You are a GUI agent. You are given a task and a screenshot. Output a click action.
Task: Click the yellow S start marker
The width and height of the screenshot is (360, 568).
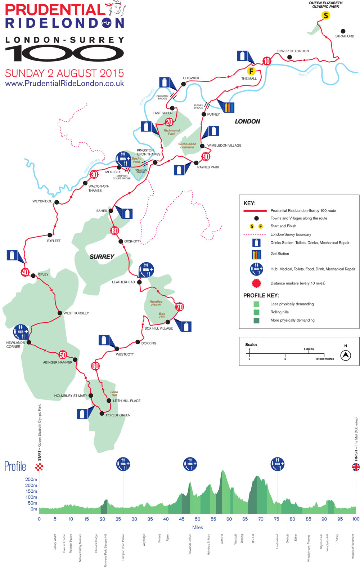(326, 15)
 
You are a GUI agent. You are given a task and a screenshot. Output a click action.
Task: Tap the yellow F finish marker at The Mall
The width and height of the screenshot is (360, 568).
(251, 71)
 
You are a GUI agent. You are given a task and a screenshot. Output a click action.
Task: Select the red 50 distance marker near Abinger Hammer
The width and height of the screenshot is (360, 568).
(63, 355)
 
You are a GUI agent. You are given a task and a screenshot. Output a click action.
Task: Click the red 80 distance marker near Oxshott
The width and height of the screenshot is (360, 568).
(114, 231)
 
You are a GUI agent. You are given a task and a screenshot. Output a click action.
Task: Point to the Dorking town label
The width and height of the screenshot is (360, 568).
(149, 343)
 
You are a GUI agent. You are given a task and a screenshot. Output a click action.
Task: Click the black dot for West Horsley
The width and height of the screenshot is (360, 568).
(60, 313)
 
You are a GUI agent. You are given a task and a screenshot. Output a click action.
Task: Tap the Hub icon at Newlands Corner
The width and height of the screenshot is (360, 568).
(21, 331)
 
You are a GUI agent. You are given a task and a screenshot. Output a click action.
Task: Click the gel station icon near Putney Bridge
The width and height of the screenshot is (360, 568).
(229, 107)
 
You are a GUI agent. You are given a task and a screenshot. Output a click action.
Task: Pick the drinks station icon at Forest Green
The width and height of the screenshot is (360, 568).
(82, 413)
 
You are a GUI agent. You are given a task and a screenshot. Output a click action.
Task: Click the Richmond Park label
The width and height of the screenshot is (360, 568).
(172, 132)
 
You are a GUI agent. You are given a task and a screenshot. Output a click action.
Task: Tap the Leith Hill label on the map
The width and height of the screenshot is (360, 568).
(114, 394)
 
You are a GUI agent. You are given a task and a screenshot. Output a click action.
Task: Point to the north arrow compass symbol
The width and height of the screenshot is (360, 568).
(346, 355)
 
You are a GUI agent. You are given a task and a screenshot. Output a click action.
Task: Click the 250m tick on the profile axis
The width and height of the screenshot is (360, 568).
(31, 479)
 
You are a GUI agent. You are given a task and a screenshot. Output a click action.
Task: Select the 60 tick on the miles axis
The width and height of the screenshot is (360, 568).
(229, 519)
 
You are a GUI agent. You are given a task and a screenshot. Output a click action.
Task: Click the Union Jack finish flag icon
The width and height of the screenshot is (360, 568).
(356, 467)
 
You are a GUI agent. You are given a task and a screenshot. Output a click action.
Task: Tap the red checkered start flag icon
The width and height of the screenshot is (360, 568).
(39, 467)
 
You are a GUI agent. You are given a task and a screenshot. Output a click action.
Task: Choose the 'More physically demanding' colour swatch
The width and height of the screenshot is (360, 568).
(256, 320)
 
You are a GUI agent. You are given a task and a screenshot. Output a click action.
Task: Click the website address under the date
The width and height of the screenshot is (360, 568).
(64, 84)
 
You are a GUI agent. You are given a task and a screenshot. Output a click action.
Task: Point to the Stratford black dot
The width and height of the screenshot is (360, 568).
(343, 31)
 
